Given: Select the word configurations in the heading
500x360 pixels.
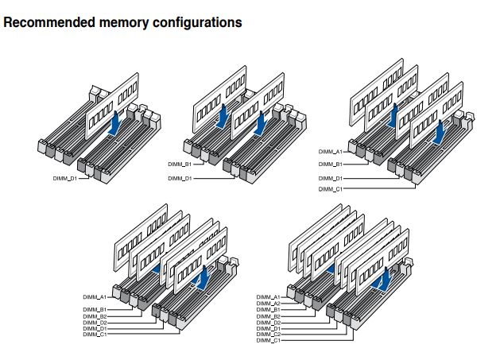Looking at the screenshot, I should click(191, 23).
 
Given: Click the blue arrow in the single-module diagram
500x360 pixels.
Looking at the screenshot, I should click(117, 122).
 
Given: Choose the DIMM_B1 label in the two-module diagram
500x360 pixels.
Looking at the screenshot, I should click(180, 165).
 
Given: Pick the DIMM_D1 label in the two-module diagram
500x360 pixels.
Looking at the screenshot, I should click(180, 178).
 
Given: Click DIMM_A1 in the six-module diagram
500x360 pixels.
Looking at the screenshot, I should click(95, 296).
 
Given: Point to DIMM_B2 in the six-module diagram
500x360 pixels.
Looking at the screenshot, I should click(95, 315).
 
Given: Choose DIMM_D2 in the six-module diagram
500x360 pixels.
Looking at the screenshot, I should click(95, 322).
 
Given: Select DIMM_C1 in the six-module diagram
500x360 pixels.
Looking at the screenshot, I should click(95, 335).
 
